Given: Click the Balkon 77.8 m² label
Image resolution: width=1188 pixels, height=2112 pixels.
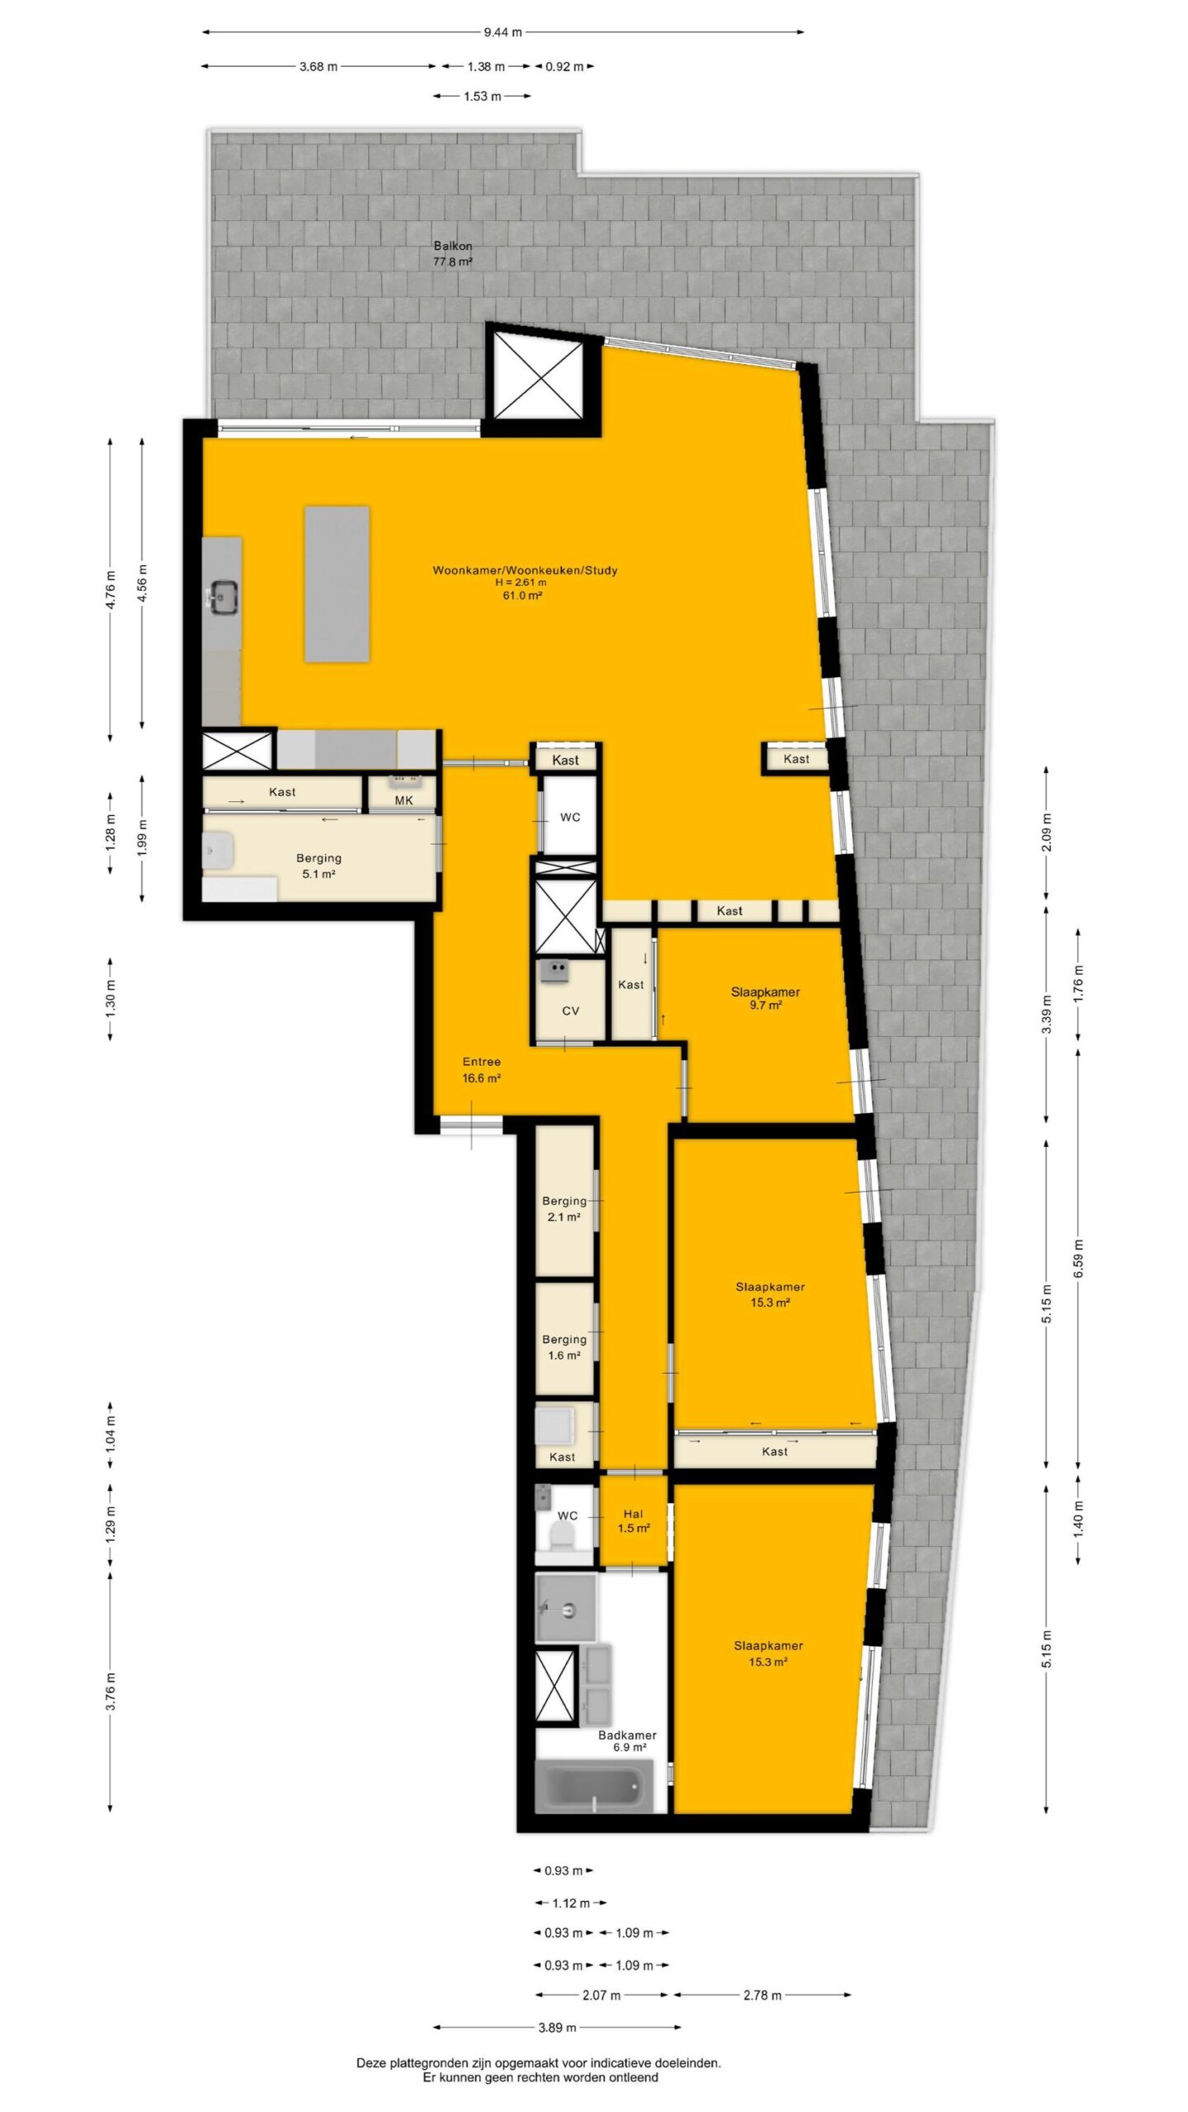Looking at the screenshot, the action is point(453,253).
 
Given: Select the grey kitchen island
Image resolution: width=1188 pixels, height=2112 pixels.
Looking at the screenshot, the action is point(337,584).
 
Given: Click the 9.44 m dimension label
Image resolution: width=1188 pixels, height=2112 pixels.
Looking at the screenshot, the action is point(502,32).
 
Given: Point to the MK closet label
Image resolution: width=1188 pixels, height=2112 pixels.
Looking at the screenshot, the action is point(403,799).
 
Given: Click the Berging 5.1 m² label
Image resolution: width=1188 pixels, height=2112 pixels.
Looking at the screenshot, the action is point(318,866).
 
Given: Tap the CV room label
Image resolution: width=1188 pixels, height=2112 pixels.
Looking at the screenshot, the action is point(570,1011).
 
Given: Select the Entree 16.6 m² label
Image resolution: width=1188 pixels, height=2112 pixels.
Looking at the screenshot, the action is point(482,1069).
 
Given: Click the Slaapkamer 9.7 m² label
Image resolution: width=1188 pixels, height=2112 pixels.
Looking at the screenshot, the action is point(766,998).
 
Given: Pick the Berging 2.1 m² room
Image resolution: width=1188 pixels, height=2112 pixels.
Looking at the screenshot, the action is point(565,1200).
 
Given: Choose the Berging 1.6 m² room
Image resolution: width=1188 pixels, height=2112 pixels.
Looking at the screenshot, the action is point(565,1339).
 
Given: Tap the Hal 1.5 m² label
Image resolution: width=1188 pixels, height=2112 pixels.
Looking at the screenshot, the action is point(634,1520).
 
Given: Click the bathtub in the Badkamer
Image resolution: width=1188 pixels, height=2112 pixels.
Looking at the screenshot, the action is point(593,1785).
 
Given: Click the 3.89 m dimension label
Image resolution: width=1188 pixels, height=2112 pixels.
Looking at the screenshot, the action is point(557,2020).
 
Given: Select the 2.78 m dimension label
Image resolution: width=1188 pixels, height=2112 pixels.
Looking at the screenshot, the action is point(761,1988).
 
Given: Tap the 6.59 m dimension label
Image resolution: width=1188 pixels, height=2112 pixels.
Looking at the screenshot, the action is point(1079,1258).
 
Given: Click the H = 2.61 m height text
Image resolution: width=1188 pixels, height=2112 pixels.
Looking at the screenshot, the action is point(516,582).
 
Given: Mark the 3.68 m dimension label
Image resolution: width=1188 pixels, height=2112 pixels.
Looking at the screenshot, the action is point(318,67).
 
